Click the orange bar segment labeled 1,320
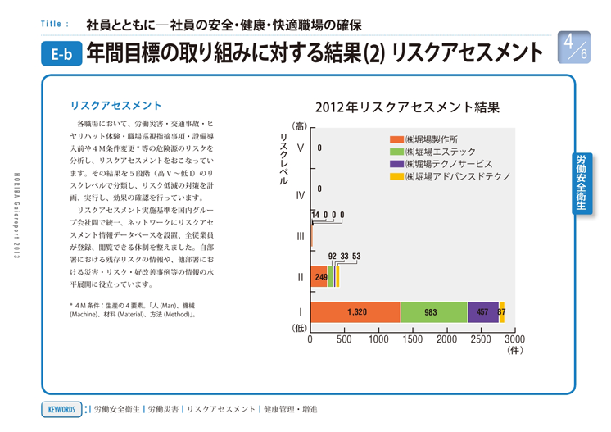(355, 312)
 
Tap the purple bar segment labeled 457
(483, 312)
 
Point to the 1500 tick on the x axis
(412, 339)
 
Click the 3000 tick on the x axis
(514, 339)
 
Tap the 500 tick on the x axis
(344, 339)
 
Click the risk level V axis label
(300, 148)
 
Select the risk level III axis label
(300, 237)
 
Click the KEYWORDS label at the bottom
(61, 409)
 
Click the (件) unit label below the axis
(514, 350)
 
